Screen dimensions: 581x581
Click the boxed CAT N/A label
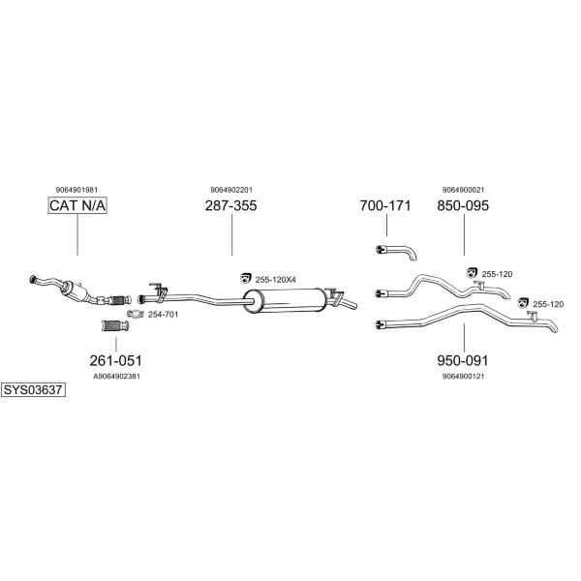click(x=77, y=205)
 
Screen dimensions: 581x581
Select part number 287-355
click(x=230, y=205)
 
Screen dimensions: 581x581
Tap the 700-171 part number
click(x=385, y=205)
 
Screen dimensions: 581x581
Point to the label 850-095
click(x=463, y=205)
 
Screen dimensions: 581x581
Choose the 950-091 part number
click(x=463, y=360)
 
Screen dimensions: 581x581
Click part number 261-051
click(x=115, y=360)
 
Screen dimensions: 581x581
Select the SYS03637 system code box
click(x=33, y=390)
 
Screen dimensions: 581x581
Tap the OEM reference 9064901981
click(x=77, y=190)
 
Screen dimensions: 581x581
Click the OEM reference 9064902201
click(x=231, y=190)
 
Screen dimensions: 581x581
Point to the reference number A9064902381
click(x=117, y=377)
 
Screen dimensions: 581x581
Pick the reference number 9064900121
click(x=463, y=377)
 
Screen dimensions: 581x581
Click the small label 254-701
click(x=163, y=315)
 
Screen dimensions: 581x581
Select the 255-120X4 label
click(x=275, y=280)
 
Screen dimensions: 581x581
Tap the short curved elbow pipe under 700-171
click(x=396, y=252)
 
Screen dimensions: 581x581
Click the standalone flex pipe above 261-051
click(x=115, y=326)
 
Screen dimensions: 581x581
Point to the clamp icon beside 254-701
click(x=136, y=314)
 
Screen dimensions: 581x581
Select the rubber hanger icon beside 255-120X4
click(x=245, y=278)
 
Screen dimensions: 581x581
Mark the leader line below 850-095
click(x=464, y=235)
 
